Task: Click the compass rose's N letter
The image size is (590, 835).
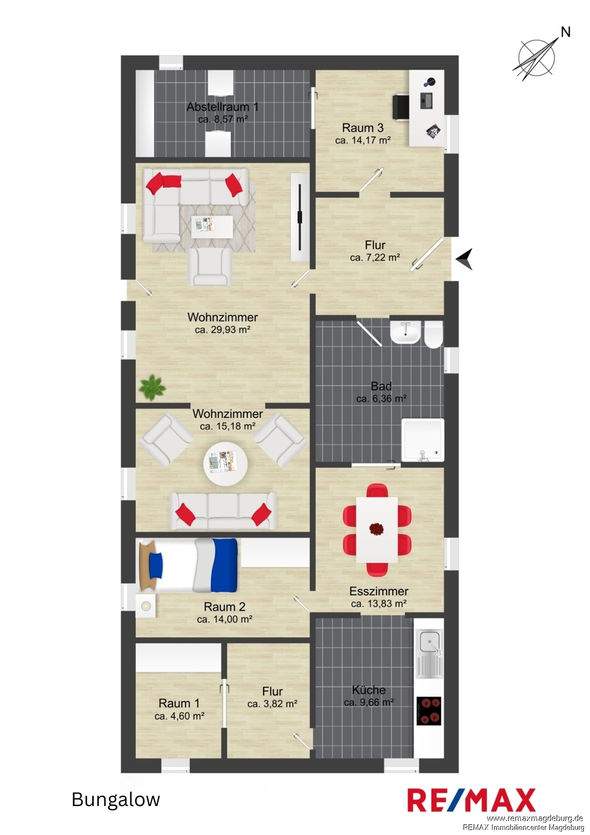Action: coord(565,32)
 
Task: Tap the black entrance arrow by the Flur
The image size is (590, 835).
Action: coord(465,259)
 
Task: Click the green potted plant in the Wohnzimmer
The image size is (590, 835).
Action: coord(152,388)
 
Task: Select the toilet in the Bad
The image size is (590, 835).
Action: coord(433,335)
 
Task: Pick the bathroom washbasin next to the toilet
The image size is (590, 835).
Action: coord(405,332)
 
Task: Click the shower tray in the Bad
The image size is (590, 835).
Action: coord(422,440)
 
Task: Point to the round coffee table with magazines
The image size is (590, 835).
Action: coord(225,464)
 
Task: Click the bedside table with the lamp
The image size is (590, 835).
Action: coord(145,606)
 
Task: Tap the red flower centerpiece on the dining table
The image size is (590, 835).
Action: coord(376,529)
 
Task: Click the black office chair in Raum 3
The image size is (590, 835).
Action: coord(401,107)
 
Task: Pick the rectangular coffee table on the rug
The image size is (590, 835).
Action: coord(212,226)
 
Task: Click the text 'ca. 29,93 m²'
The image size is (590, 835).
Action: coord(222,330)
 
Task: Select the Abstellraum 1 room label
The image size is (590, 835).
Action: coord(222,107)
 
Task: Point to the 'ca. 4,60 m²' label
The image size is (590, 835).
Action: coord(179,716)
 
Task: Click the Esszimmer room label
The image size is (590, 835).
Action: coord(378,591)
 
